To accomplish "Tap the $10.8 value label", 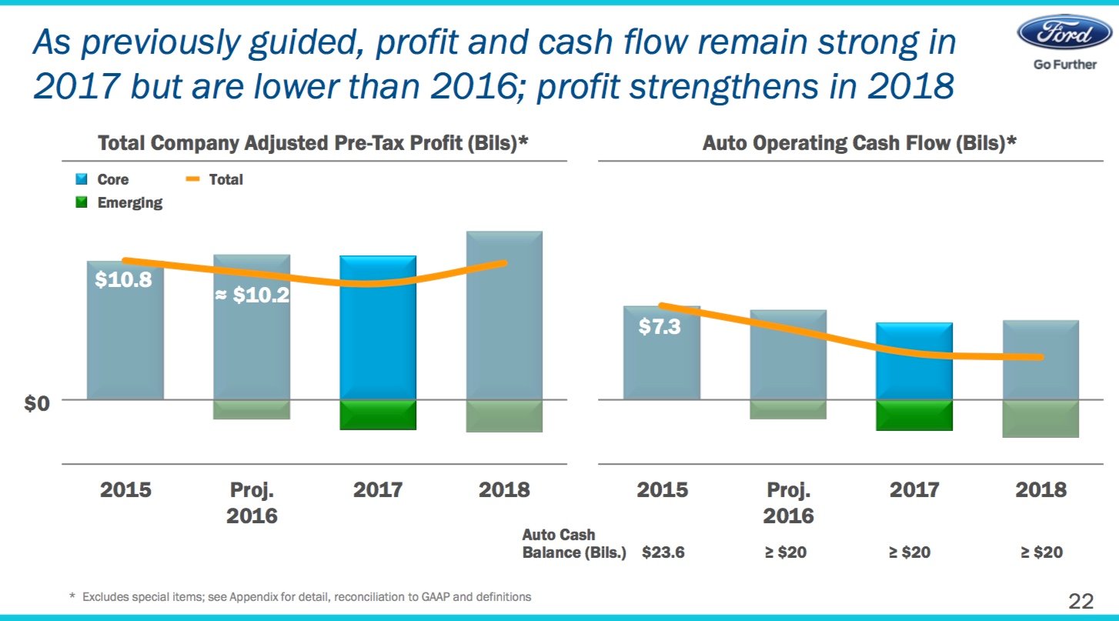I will tap(123, 281).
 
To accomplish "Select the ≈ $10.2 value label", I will tap(252, 295).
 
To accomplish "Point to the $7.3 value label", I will tap(660, 327).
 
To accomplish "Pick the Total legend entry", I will tap(215, 179).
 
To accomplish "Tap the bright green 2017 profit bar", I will tap(377, 415).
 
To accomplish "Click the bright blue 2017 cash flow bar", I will tap(914, 361).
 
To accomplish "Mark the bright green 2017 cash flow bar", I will tap(914, 416).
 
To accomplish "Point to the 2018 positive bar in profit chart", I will tap(504, 316).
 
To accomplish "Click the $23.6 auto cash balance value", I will tap(663, 553).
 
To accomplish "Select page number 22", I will tap(1081, 600).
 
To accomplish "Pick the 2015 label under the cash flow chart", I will tap(663, 489).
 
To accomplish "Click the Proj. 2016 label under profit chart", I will tap(252, 502).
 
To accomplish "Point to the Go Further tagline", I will tap(1064, 65).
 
